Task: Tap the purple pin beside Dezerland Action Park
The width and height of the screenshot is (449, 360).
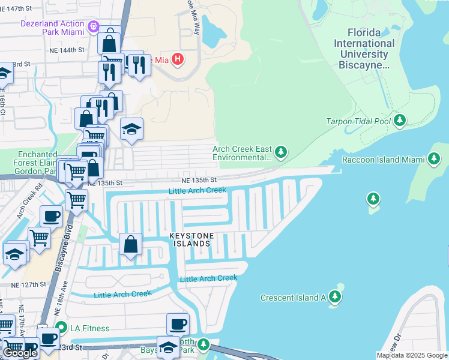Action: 92,26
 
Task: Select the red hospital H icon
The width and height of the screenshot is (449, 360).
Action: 178,59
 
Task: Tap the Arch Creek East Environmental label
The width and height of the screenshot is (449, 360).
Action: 243,154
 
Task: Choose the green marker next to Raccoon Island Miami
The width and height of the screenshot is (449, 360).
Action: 433,159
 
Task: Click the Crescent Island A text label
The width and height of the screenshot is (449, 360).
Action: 293,298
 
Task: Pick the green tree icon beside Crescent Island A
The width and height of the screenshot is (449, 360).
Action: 334,297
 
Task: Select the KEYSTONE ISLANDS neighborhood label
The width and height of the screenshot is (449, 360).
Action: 192,240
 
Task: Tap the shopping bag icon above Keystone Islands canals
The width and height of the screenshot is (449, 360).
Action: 131,245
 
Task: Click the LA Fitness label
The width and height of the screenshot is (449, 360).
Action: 90,328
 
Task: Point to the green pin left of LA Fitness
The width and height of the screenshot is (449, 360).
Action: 61,328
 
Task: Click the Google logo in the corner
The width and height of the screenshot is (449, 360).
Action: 20,352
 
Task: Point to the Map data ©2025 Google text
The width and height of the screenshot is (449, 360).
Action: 411,355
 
